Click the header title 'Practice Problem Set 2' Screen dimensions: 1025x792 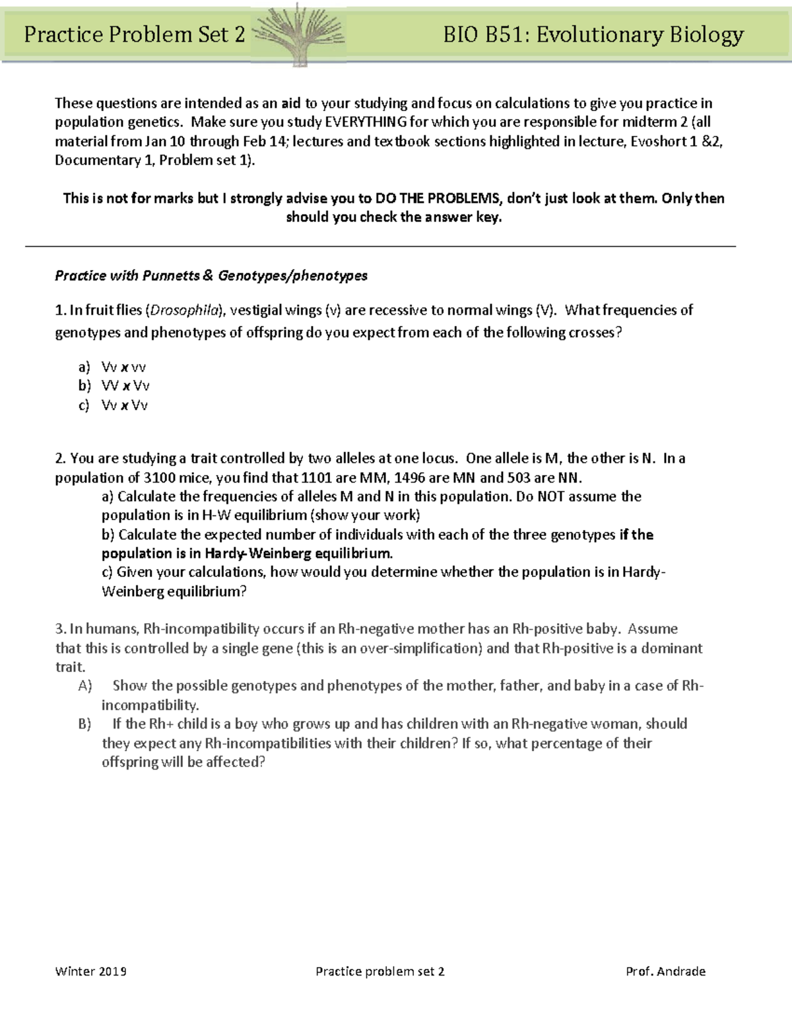click(x=135, y=34)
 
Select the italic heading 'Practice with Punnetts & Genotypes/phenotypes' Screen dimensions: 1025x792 click(x=211, y=276)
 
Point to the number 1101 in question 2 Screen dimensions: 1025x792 click(x=316, y=477)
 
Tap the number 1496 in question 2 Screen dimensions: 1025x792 click(x=409, y=477)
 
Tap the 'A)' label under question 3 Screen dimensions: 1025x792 click(x=84, y=686)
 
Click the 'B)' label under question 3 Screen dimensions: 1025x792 click(x=84, y=724)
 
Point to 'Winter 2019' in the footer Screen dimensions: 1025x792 click(x=91, y=972)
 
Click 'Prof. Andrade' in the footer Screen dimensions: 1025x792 click(x=665, y=972)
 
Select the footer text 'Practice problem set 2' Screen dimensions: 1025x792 click(x=380, y=972)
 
